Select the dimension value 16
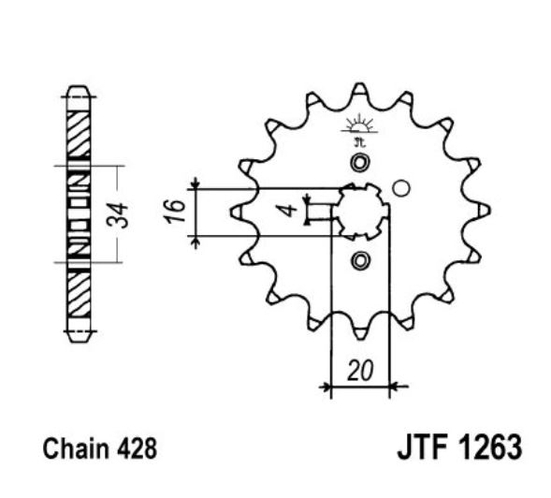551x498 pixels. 173,212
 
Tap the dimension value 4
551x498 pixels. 290,210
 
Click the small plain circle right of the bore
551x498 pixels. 401,188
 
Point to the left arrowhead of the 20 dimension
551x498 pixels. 326,385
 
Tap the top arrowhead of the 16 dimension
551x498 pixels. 196,184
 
